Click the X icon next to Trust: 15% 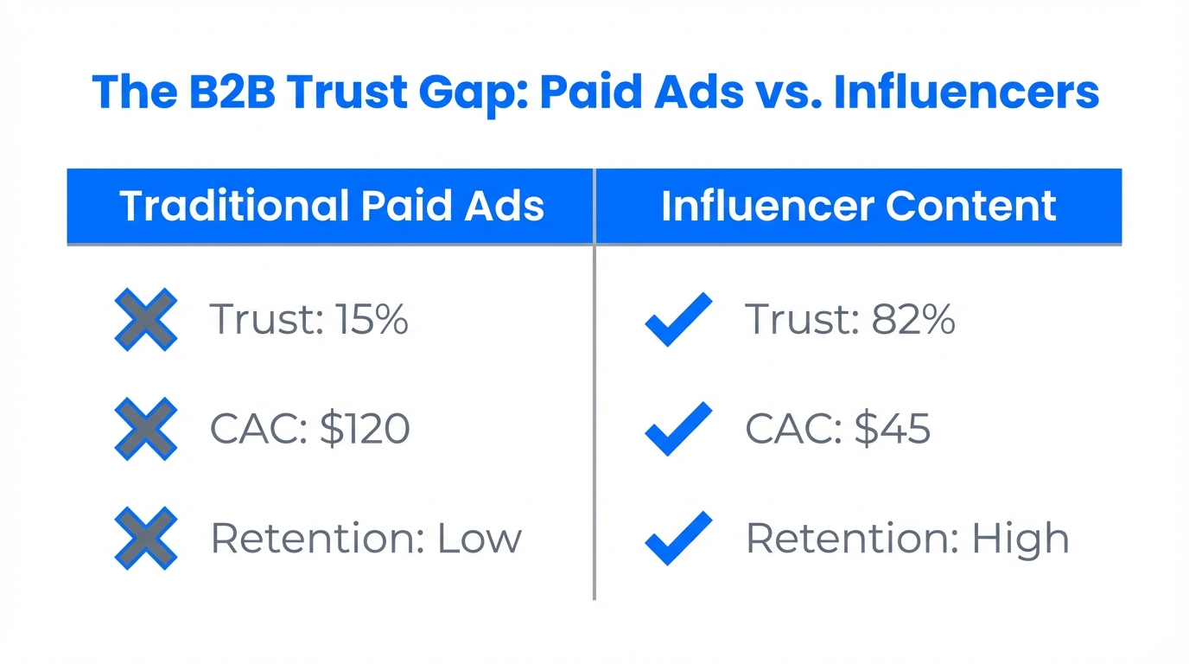click(x=145, y=319)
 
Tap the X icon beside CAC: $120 click(x=145, y=428)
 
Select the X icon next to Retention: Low click(x=145, y=538)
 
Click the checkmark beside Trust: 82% click(x=678, y=319)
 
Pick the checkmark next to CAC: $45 click(x=678, y=428)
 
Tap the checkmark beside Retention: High click(x=678, y=538)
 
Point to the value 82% click(x=913, y=320)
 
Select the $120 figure click(x=364, y=429)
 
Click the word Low click(x=480, y=539)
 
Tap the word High click(x=1021, y=539)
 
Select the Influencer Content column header click(x=858, y=206)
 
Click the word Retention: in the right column click(x=851, y=539)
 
